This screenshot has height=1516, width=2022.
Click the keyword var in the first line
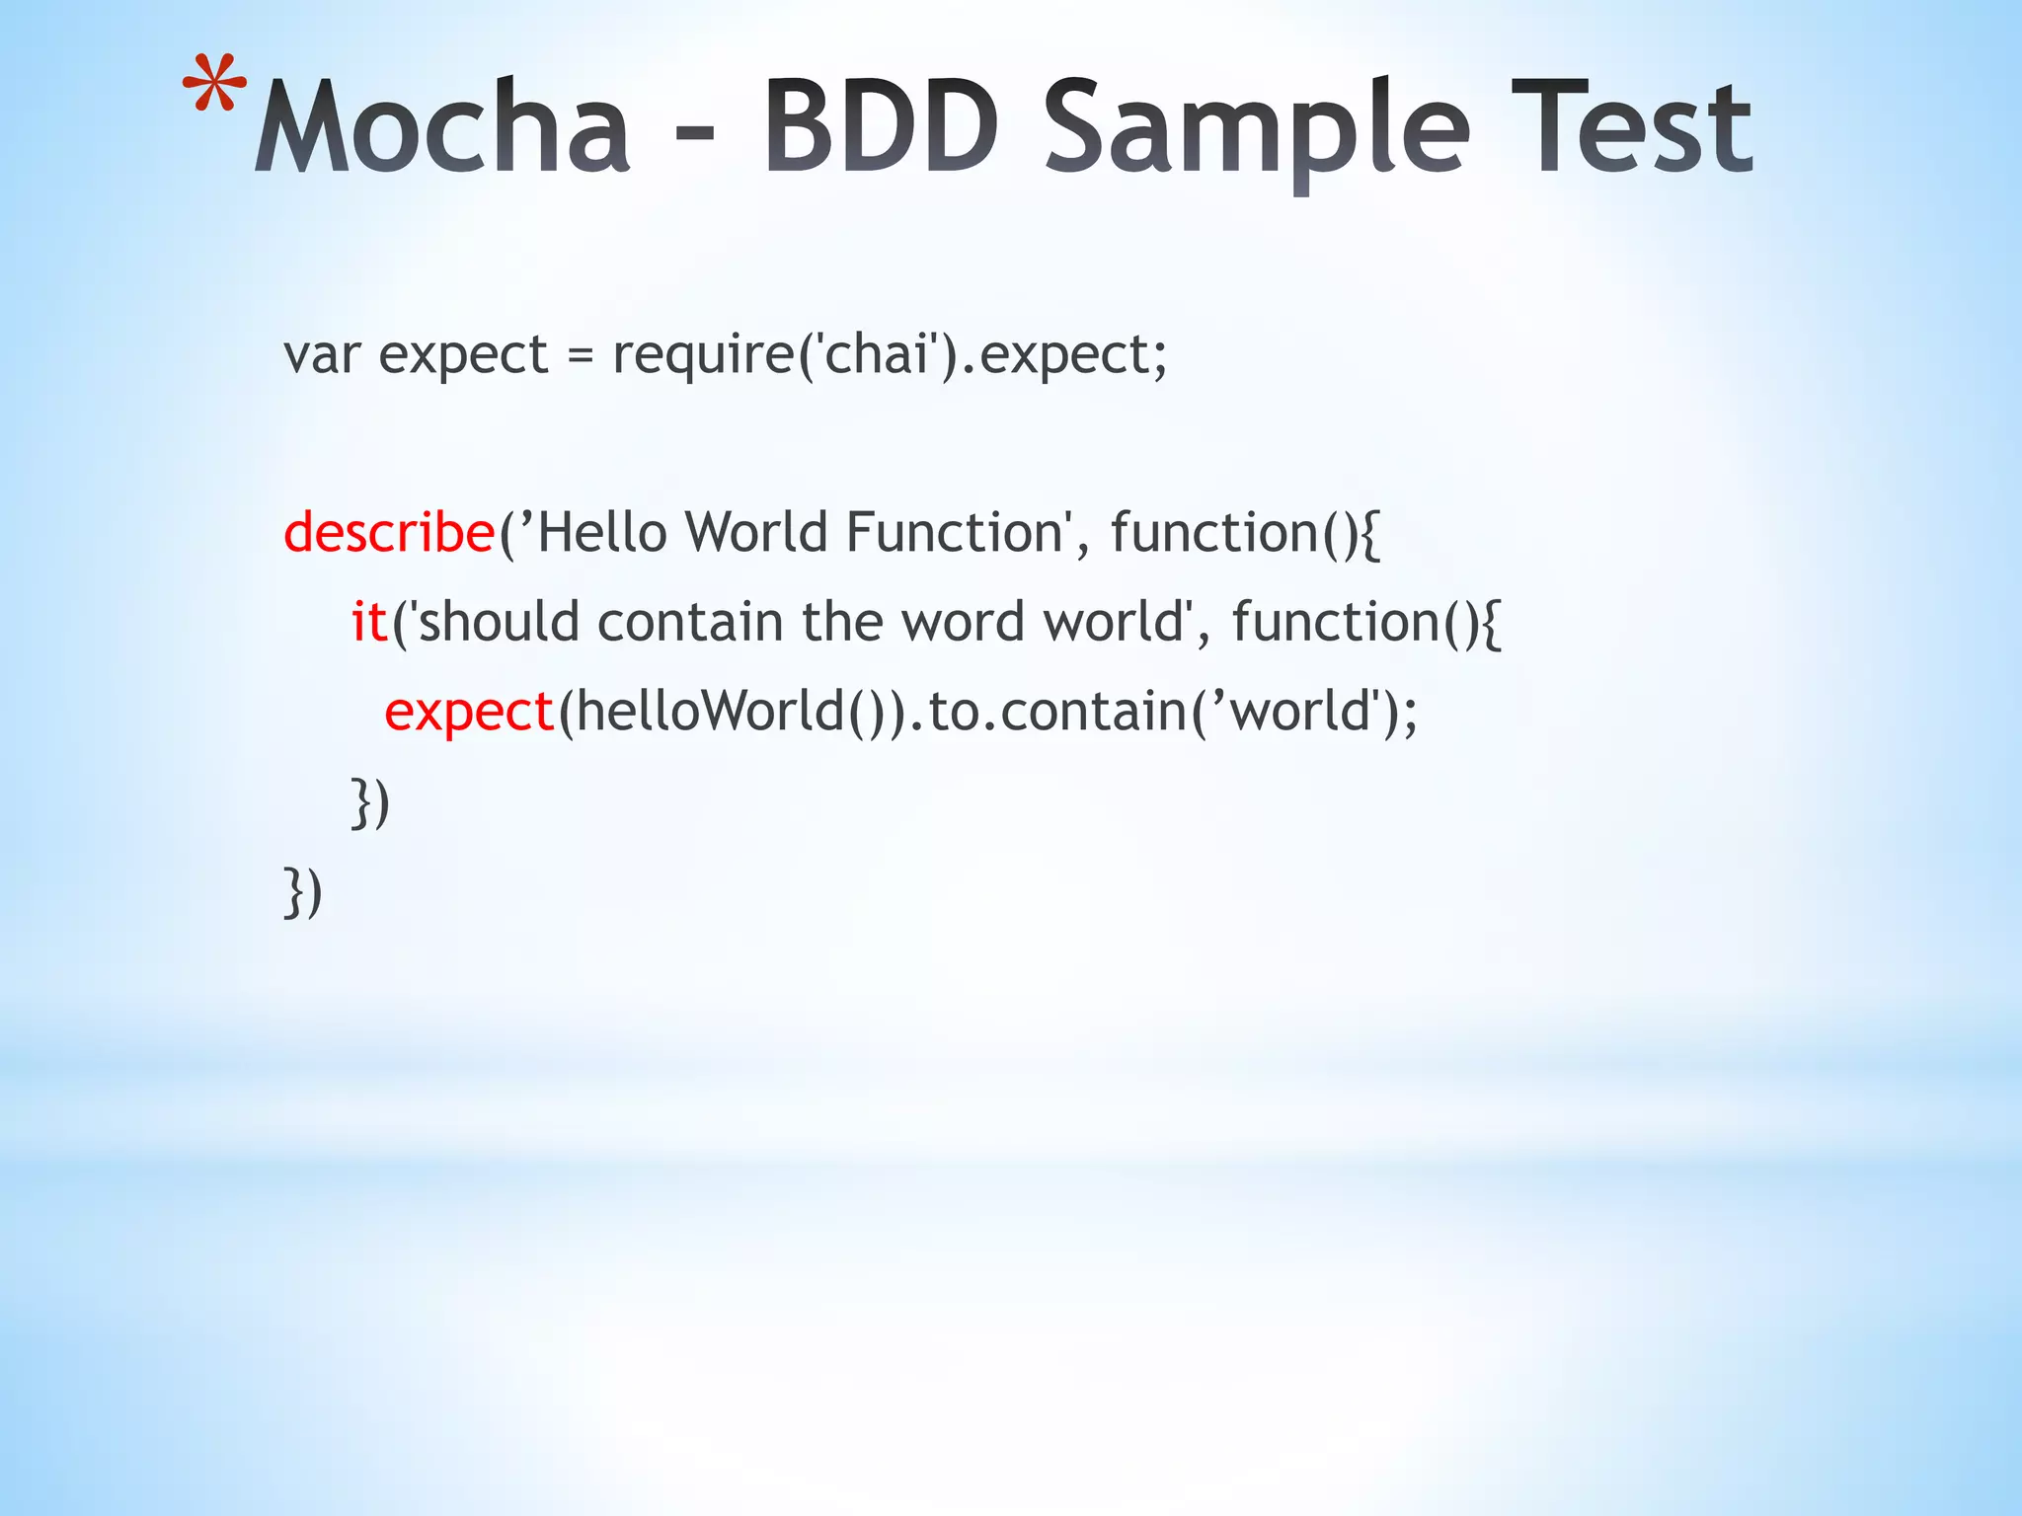pos(321,355)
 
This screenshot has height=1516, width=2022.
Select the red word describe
pos(389,533)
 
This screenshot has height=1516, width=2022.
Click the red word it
pos(369,622)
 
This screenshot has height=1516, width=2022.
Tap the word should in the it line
pos(500,622)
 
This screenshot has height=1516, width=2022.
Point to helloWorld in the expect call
pos(711,711)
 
